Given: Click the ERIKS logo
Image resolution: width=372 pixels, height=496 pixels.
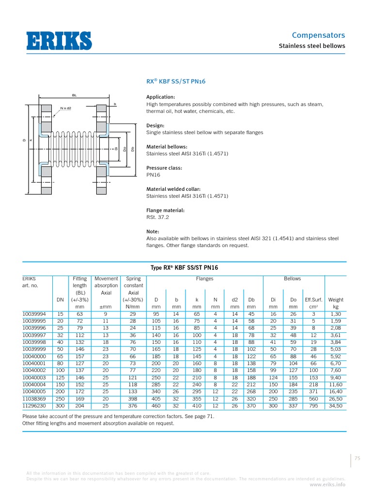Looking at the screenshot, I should [59, 40].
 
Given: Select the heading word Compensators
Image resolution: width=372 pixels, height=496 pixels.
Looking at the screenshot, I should [318, 35].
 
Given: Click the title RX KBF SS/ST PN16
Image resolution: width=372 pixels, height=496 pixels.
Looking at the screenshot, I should [176, 81].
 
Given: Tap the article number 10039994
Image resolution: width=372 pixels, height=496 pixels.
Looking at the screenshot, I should [34, 314].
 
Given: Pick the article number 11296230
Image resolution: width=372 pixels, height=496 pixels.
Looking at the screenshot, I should [34, 406].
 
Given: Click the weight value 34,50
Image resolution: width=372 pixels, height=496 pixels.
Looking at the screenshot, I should [335, 406].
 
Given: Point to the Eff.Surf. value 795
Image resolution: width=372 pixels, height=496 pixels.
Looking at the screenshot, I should [313, 406].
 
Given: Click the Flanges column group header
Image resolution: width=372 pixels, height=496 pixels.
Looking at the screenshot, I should [204, 279].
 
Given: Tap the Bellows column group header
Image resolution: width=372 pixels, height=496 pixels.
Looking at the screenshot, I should [292, 279].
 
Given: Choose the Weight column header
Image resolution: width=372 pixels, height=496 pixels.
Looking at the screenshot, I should [335, 300].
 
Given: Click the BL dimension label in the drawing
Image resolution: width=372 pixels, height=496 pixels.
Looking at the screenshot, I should [74, 95].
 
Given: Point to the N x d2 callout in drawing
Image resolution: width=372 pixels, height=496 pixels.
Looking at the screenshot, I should [65, 108].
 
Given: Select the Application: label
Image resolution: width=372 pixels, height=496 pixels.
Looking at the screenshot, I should [160, 97].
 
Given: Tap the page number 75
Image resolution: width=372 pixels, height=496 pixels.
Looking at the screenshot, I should [358, 459].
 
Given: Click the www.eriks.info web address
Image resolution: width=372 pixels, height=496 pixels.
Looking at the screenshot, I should [327, 484].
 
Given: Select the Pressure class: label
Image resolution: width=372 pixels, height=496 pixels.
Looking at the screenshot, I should [164, 168].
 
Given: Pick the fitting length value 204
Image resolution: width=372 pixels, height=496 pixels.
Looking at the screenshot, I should [80, 406].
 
